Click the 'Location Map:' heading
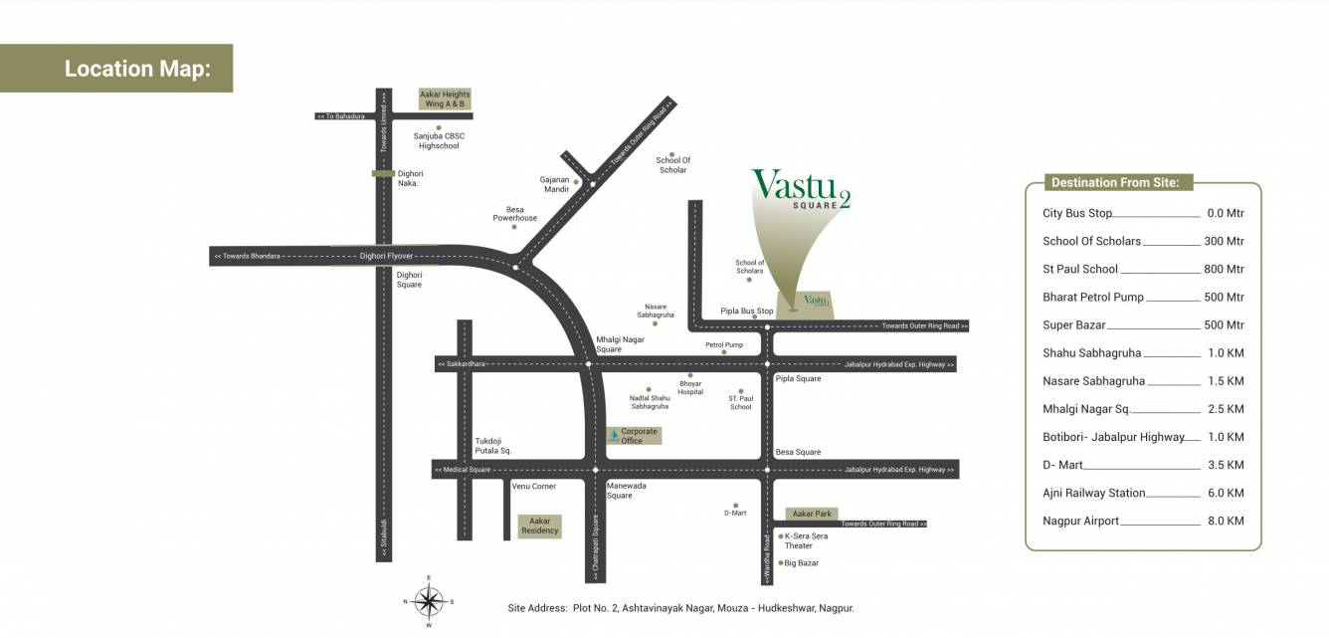(x=137, y=69)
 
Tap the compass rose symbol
(x=429, y=600)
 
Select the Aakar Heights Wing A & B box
(x=445, y=99)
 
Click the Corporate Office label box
(x=634, y=436)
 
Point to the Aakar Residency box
(x=540, y=526)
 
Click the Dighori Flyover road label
(x=385, y=256)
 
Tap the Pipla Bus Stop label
(x=746, y=312)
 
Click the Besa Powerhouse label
(x=514, y=214)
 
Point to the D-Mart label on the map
(x=735, y=513)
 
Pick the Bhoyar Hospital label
(x=690, y=387)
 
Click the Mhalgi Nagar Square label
(x=620, y=344)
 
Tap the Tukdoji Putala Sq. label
(x=492, y=446)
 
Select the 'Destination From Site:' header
(x=1114, y=182)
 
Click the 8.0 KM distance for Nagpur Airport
(x=1225, y=521)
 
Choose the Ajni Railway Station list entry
(x=1093, y=493)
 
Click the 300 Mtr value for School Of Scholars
(x=1223, y=241)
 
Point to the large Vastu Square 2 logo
(x=800, y=189)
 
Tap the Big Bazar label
(x=801, y=563)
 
